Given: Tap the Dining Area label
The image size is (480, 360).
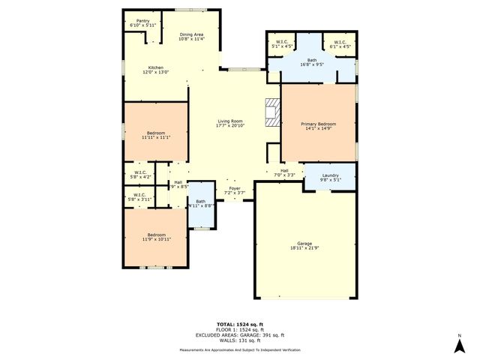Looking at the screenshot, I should (191, 37).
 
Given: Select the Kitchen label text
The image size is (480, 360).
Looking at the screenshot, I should (156, 70).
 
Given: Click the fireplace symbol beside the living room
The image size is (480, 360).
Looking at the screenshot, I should (271, 112).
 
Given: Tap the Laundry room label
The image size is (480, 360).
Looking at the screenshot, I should (331, 178).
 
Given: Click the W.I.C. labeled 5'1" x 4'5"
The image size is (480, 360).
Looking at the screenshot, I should (283, 44).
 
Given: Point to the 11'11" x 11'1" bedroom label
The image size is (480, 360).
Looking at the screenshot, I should (156, 135).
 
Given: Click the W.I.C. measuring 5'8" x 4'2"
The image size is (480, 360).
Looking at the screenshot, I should (141, 175).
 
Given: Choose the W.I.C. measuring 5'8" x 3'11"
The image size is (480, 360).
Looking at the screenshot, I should (141, 197).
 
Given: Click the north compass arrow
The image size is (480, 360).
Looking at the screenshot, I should (459, 344).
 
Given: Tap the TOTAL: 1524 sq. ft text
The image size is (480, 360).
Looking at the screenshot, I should (240, 325).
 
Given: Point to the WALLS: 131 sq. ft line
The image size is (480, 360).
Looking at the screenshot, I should (240, 340).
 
